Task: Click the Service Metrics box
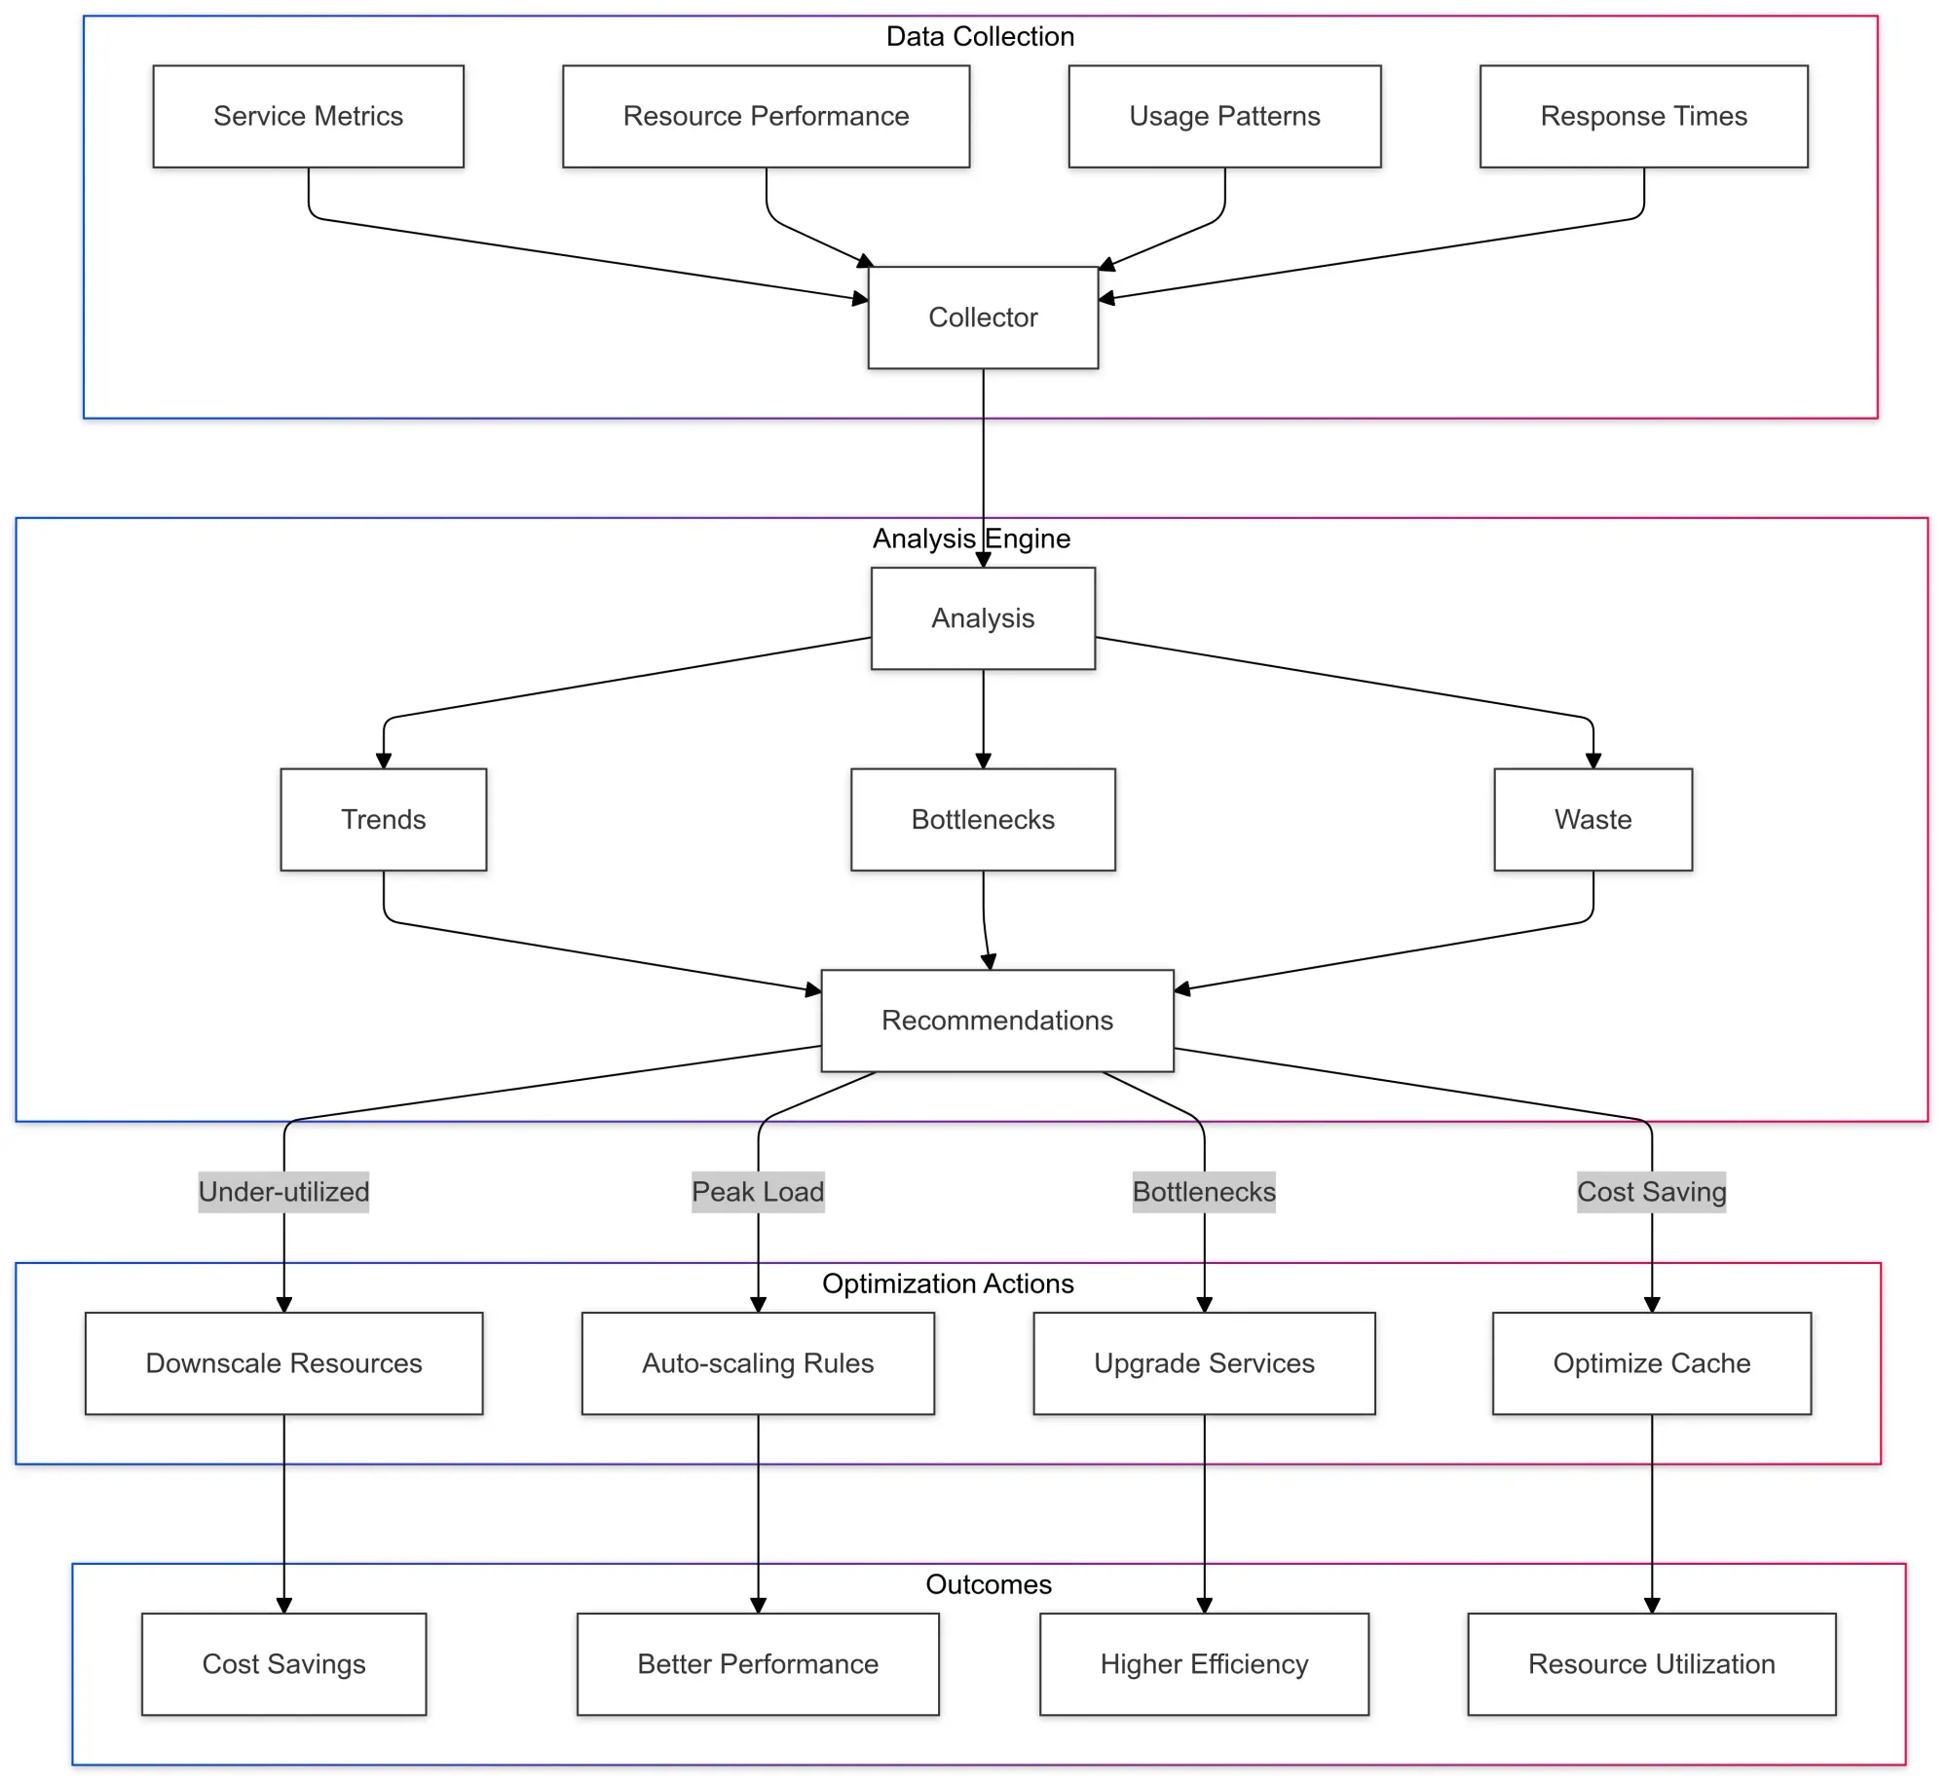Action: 308,117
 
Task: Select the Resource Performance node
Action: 766,117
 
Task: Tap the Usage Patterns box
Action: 1224,117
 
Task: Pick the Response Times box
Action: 1643,117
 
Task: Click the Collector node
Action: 983,317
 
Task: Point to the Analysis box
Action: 983,618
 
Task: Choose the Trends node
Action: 383,819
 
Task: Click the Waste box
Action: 1592,819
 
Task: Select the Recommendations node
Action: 997,1021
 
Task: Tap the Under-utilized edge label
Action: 283,1192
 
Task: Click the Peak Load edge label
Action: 758,1192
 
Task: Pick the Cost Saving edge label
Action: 1651,1192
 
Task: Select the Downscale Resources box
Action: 283,1363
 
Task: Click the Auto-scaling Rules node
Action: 758,1363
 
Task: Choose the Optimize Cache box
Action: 1651,1363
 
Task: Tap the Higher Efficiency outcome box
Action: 1204,1664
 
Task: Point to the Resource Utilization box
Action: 1651,1664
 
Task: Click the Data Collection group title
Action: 980,37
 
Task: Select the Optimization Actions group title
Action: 948,1283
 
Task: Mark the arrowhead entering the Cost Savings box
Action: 283,1606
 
